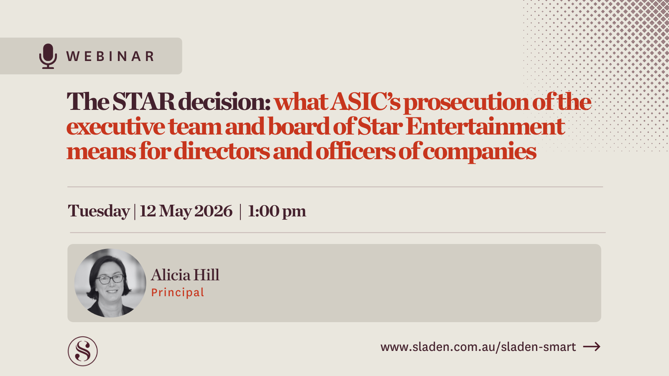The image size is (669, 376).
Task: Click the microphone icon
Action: [48, 56]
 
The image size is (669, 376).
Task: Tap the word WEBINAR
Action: [110, 56]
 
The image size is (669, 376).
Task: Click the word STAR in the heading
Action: [143, 102]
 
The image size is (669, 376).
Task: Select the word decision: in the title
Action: [225, 102]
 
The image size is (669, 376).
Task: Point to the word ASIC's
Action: [365, 102]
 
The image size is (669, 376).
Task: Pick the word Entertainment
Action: [485, 126]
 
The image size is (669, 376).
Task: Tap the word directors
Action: [222, 151]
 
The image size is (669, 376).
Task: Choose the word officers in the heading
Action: [355, 151]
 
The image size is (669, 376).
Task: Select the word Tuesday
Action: [99, 211]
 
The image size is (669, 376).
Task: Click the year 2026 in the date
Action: [213, 211]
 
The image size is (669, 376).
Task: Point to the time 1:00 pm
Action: [277, 211]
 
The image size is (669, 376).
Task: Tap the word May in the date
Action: [175, 211]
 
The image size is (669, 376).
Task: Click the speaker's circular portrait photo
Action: [110, 283]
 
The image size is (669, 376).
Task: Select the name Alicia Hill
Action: [185, 275]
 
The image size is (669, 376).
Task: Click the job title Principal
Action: [178, 292]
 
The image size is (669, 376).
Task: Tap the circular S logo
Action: [83, 351]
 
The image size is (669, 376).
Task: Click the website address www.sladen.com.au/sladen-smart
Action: [478, 347]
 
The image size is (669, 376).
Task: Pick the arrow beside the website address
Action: [592, 346]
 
